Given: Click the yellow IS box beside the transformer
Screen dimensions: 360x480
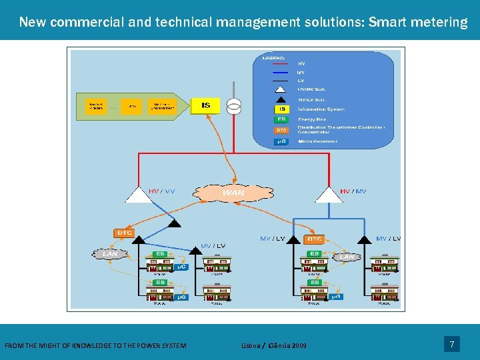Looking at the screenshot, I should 205,105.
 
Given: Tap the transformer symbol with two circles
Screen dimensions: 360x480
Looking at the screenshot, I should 233,106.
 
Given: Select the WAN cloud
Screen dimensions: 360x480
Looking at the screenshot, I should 233,193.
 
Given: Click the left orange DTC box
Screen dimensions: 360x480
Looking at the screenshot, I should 125,233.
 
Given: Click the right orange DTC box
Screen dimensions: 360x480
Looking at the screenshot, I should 314,239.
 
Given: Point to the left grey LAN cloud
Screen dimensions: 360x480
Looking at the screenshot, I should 109,254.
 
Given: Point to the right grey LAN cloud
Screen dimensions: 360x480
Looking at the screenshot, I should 347,256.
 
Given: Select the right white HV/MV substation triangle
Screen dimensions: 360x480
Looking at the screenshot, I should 328,195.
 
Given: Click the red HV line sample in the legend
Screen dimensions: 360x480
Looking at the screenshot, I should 282,63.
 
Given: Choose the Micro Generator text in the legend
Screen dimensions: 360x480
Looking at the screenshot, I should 317,141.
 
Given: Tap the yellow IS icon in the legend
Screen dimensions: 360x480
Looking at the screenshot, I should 281,109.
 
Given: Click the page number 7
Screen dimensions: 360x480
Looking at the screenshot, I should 452,345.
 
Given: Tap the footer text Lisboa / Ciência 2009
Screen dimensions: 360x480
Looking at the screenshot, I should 274,345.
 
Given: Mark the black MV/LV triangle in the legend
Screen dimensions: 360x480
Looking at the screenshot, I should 281,99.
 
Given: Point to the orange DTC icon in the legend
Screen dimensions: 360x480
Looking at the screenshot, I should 281,130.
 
